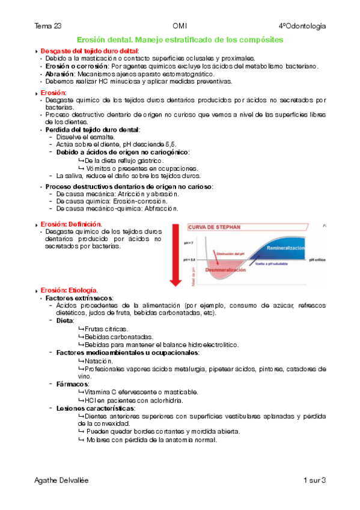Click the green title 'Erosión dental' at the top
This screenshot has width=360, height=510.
click(x=106, y=39)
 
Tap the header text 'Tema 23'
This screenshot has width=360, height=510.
click(x=48, y=26)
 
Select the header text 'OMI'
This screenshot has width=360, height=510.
click(x=180, y=26)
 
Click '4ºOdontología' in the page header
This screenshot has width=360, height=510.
click(x=302, y=26)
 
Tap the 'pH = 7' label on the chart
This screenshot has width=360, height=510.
click(x=188, y=240)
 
